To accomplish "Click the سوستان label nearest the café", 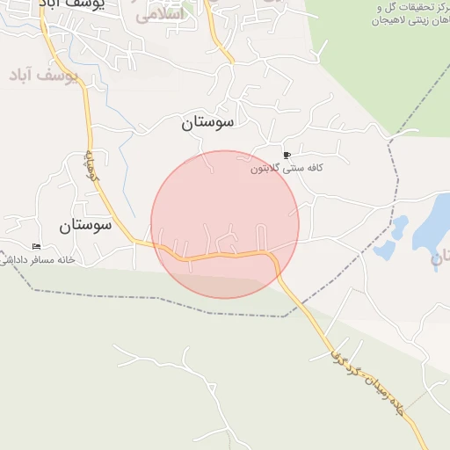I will pos(208,123).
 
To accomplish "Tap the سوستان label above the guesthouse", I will pos(85,225).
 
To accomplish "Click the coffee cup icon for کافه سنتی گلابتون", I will pos(287,156).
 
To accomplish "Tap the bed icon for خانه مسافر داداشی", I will pos(35,246).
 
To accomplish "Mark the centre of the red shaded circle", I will pos(225,224).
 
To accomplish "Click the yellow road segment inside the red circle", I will pos(220,257).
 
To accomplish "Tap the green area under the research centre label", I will pos(387,70).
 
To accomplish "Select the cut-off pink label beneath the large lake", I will pos(440,259).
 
